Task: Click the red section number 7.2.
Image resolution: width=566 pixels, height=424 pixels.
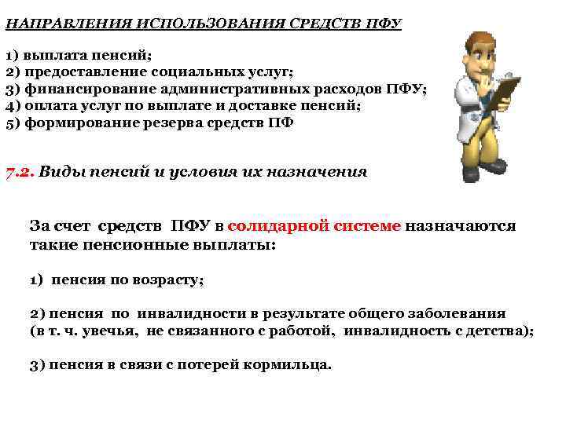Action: [x=20, y=172]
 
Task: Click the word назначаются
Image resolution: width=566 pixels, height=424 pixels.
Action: [x=461, y=226]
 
